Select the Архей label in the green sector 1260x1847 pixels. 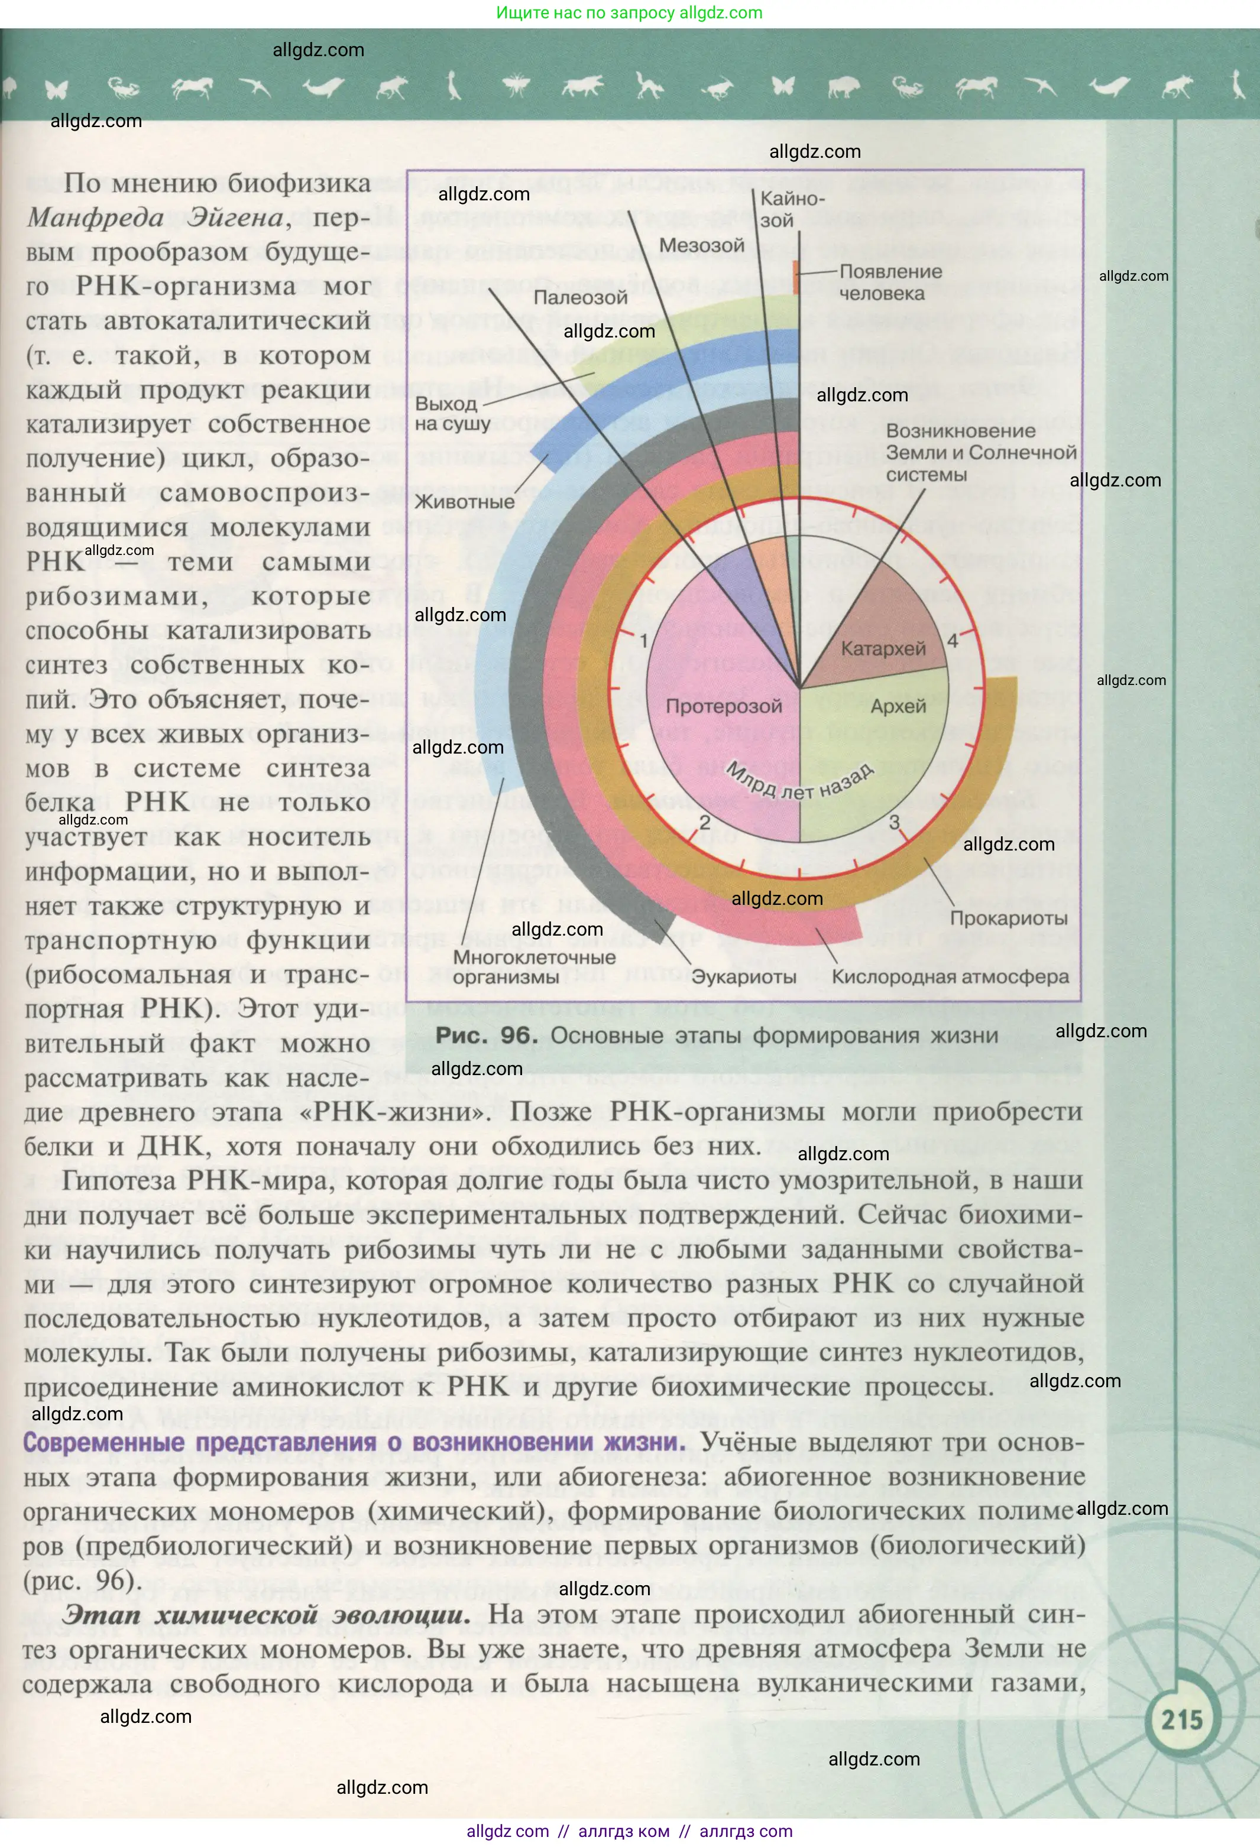pyautogui.click(x=898, y=706)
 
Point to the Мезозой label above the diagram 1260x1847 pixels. pyautogui.click(x=701, y=246)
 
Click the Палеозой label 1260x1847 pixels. pyautogui.click(x=580, y=297)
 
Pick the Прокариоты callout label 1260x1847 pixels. pyautogui.click(x=1008, y=918)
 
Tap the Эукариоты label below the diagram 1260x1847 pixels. pyautogui.click(x=743, y=977)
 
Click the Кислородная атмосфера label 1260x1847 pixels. pyautogui.click(x=950, y=977)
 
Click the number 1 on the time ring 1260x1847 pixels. pyautogui.click(x=644, y=641)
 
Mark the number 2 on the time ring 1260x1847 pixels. pyautogui.click(x=704, y=823)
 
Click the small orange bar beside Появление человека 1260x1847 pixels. pyautogui.click(x=796, y=277)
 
